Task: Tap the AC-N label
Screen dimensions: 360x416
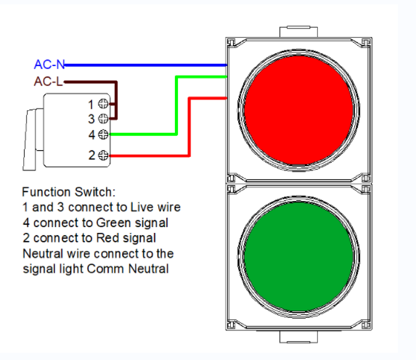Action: coord(49,64)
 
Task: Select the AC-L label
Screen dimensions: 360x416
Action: coord(48,81)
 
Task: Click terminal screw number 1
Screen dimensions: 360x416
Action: coord(103,105)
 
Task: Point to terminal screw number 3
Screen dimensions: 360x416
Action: coord(103,118)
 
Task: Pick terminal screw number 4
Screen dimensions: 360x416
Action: coord(103,134)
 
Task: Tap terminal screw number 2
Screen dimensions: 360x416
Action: coord(103,155)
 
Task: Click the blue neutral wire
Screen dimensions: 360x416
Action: coord(145,65)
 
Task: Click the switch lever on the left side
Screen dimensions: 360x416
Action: coord(30,138)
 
